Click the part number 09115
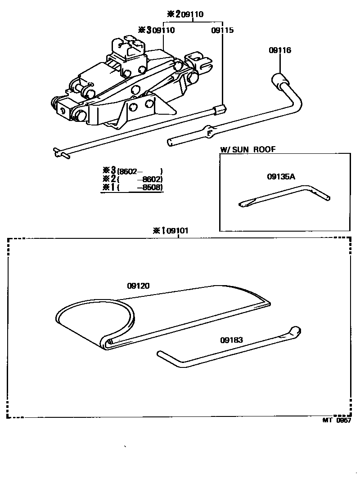222,31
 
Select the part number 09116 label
280,50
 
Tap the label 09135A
281,177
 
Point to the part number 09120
138,286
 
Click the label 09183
231,340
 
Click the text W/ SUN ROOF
247,150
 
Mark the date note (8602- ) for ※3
139,171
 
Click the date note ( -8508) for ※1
139,188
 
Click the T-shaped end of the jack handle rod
58,152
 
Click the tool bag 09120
162,315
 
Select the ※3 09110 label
157,31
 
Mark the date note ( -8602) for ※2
139,179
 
